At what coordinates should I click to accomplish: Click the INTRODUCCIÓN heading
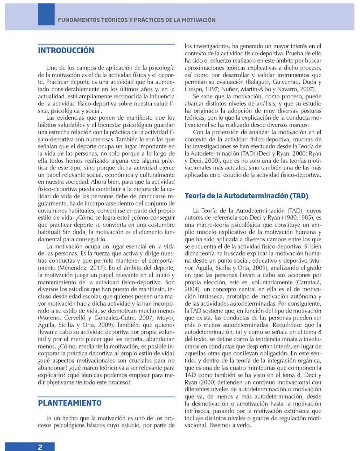tap(66, 50)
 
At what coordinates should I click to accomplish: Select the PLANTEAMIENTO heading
tap(70, 403)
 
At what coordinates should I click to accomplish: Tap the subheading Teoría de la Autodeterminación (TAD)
tap(246, 196)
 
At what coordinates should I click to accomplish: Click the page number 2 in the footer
tap(40, 447)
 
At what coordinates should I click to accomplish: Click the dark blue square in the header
tap(46, 15)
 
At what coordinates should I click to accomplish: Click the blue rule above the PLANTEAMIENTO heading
tap(106, 396)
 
